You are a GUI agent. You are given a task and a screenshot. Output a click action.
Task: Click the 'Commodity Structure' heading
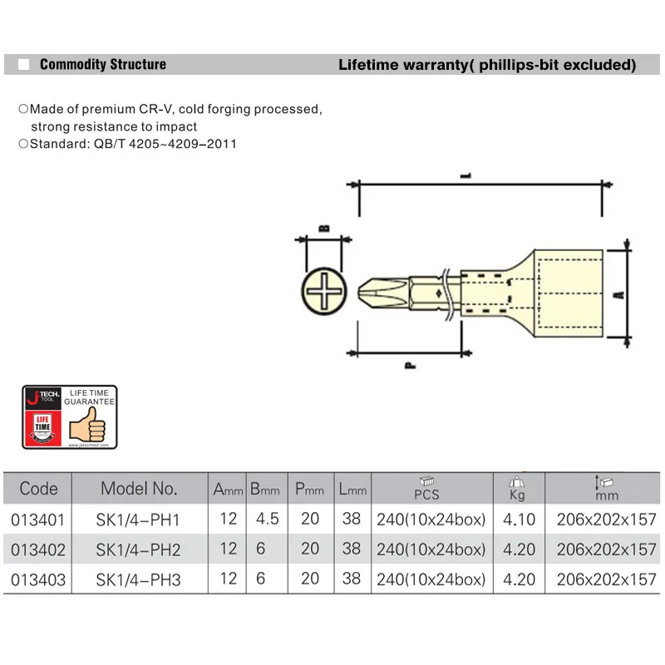[x=102, y=65]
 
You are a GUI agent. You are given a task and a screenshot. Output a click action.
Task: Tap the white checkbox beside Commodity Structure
[x=24, y=65]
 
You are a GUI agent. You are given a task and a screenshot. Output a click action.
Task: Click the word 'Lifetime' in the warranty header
[x=366, y=65]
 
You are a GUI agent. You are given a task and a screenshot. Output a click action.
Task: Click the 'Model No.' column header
[x=139, y=489]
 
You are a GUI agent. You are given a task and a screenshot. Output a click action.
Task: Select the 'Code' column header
[x=38, y=489]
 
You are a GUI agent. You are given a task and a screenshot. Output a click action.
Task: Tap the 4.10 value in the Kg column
[x=520, y=520]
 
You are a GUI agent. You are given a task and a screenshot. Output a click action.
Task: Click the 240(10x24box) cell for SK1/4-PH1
[x=431, y=520]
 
